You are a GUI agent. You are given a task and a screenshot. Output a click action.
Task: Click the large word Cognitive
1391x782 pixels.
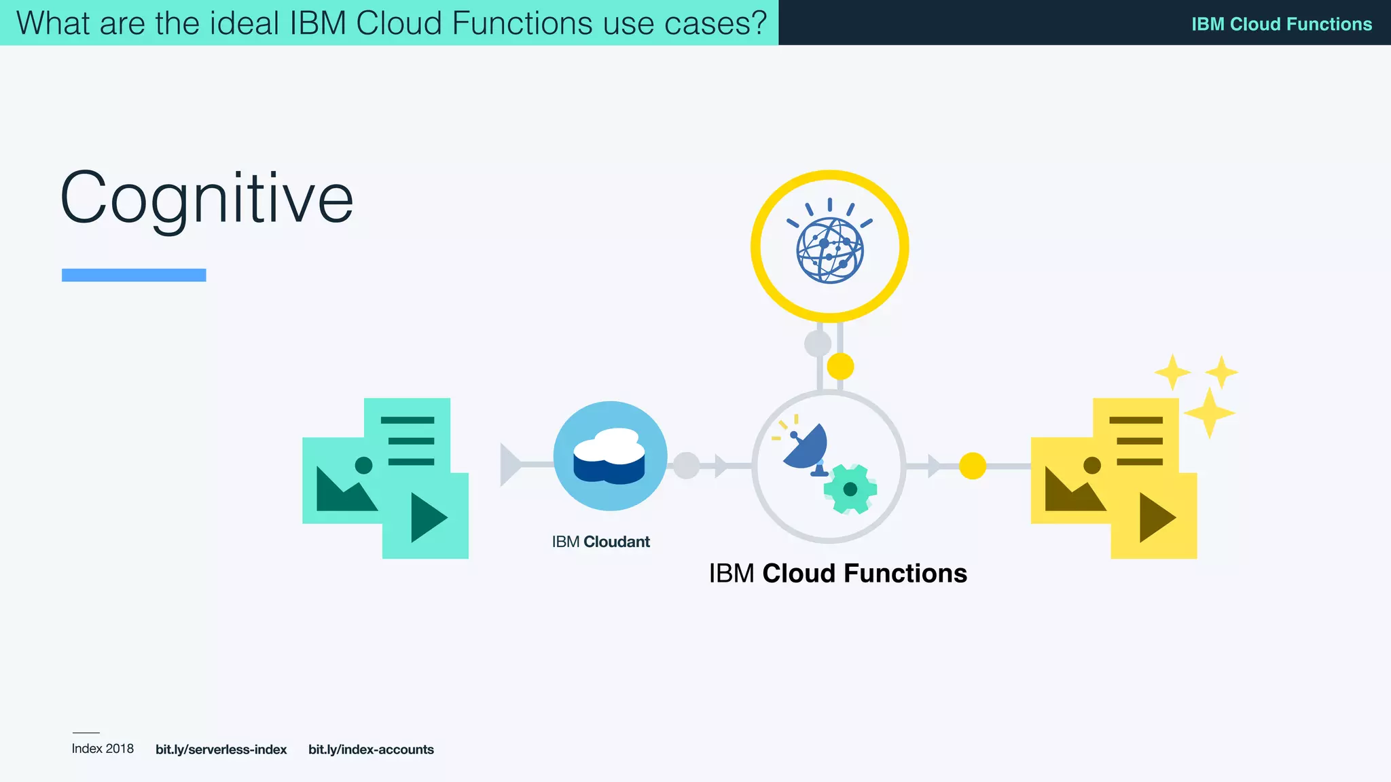206,198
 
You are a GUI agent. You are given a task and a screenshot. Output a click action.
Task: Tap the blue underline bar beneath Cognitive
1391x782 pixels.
134,275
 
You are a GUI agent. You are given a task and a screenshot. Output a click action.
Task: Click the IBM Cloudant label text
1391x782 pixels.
600,542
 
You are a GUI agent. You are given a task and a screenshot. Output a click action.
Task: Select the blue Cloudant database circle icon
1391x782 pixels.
610,455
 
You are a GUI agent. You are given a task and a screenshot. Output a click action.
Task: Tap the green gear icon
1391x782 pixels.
850,489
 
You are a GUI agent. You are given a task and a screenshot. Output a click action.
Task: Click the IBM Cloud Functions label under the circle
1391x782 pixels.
837,574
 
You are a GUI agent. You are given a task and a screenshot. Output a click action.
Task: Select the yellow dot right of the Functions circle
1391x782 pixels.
972,466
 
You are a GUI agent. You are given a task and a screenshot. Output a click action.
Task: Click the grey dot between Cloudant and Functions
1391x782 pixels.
686,466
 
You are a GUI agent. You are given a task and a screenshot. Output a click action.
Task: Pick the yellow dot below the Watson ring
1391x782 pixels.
840,367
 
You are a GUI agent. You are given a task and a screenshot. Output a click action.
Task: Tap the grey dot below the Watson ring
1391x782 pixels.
818,343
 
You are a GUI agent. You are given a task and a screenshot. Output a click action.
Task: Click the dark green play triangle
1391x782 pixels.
427,517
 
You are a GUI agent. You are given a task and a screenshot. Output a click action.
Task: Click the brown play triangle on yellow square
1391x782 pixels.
1155,517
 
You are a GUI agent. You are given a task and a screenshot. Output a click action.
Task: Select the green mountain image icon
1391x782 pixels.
344,483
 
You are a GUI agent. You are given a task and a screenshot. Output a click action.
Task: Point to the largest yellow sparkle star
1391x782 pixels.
1209,413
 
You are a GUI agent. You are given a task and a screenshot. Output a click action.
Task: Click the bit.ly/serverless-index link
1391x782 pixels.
221,749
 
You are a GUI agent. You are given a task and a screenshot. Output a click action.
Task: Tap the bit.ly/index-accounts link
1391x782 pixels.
371,749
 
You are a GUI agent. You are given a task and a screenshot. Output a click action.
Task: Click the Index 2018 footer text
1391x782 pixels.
103,749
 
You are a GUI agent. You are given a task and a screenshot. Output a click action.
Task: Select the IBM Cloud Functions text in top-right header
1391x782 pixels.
1281,24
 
